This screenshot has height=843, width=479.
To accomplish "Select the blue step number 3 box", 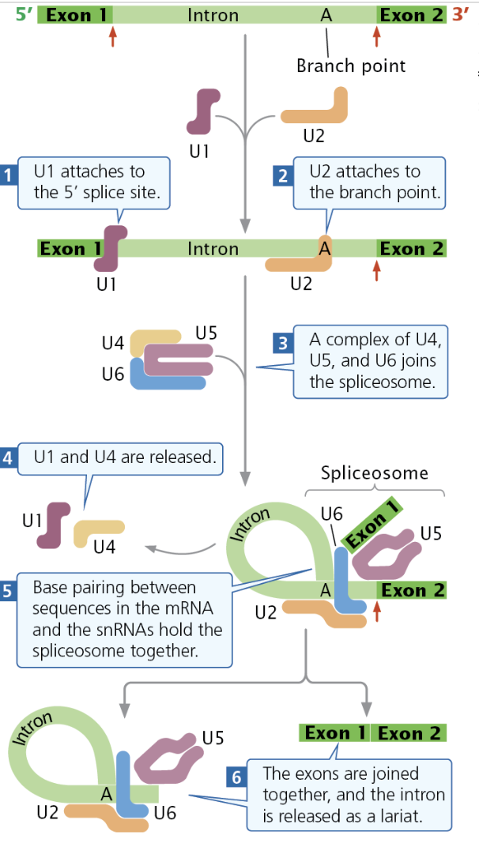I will pyautogui.click(x=282, y=344).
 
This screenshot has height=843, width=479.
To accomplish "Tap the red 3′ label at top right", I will pyautogui.click(x=460, y=14).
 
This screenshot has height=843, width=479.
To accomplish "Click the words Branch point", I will pyautogui.click(x=350, y=66).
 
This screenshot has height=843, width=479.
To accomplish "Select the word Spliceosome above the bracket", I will pyautogui.click(x=374, y=473).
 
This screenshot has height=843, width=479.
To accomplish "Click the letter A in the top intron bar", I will pyautogui.click(x=326, y=15).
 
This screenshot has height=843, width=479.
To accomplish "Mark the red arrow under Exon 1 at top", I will pyautogui.click(x=112, y=36).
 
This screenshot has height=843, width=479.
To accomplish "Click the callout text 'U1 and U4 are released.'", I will pyautogui.click(x=124, y=457).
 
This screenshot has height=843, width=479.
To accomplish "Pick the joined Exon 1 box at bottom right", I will pyautogui.click(x=335, y=732).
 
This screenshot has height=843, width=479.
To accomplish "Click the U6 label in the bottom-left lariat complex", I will pyautogui.click(x=165, y=811).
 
